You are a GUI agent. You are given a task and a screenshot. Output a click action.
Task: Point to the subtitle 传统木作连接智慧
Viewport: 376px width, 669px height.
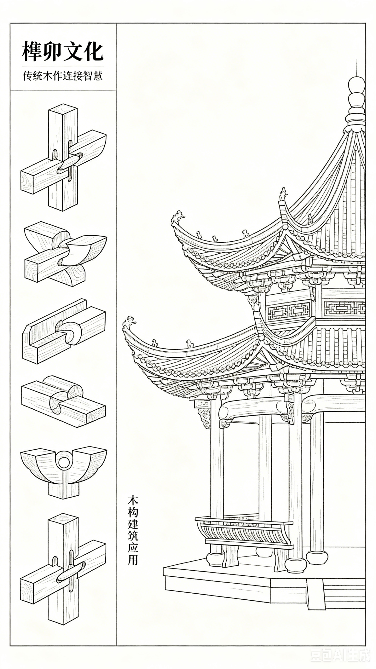[x=63, y=76]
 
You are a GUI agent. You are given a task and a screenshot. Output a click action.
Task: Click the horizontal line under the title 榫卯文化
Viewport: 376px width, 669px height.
[x=63, y=66]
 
